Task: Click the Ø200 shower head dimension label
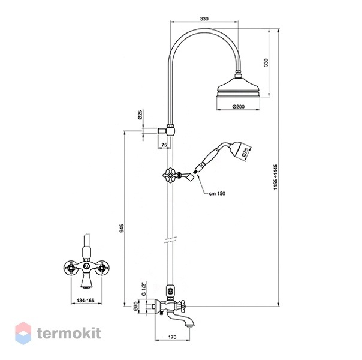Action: pos(239,107)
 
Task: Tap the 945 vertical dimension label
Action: pos(122,228)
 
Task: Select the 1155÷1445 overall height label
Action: pos(276,177)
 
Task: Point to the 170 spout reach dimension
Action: pos(172,337)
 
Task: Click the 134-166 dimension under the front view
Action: pos(86,301)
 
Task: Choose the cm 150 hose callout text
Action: pos(217,194)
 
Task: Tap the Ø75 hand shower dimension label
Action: pos(246,153)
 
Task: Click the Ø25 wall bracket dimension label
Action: pos(140,115)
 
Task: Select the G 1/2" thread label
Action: pos(144,289)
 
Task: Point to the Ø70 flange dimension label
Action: pos(135,306)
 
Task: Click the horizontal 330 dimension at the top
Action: pos(204,19)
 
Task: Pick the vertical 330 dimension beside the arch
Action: pos(266,62)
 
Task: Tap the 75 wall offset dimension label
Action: pos(164,145)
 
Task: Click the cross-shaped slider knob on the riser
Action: pos(170,175)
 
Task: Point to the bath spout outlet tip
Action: pos(189,326)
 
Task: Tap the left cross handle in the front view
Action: pos(70,268)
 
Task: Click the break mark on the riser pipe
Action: pos(171,239)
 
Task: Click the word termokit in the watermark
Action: pos(69,334)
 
